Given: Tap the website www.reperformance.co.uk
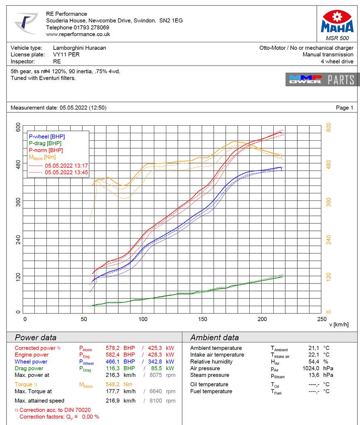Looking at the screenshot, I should tap(78, 34).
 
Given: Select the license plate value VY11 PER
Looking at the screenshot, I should tap(66, 54).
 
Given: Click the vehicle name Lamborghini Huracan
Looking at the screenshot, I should tap(80, 48).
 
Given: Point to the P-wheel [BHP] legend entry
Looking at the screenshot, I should tap(46, 137).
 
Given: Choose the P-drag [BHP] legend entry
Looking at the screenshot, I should tap(45, 143).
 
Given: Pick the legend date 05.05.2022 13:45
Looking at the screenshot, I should tap(66, 172).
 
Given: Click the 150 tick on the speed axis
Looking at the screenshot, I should tap(203, 319).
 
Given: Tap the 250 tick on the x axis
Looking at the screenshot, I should tap(321, 319).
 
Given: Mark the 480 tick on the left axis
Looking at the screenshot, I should tap(18, 164).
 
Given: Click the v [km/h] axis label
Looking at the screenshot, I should tap(339, 325).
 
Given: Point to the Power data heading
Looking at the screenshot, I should tap(36, 337).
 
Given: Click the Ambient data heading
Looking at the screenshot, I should tap(214, 337).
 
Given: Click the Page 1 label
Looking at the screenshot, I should tap(344, 108).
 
